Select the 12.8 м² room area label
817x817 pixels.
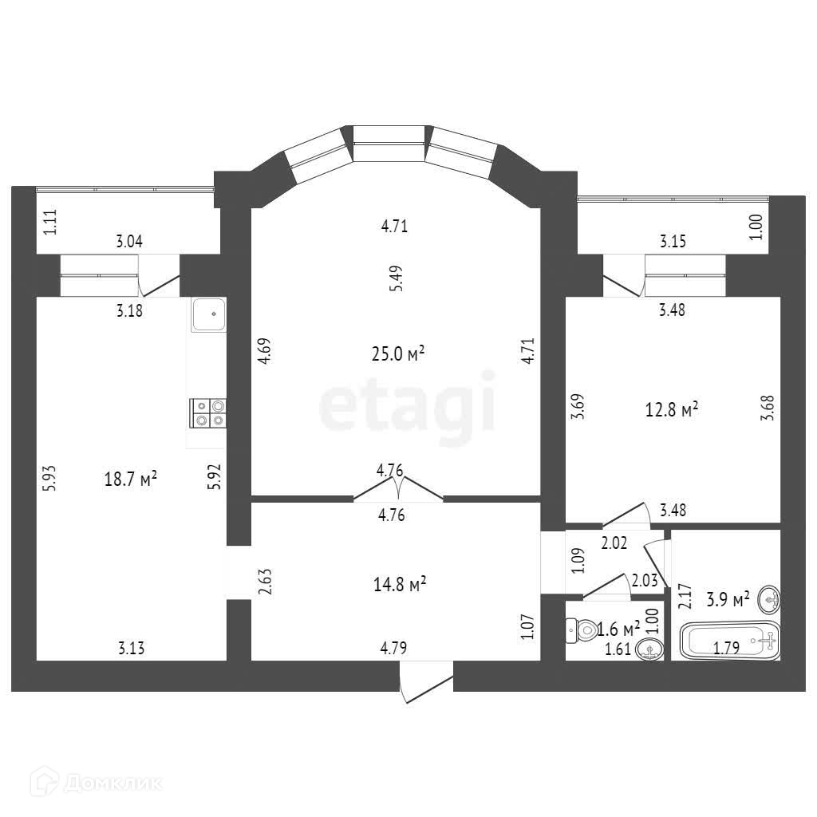click(672, 410)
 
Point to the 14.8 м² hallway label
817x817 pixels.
click(400, 585)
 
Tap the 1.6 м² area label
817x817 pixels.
click(618, 630)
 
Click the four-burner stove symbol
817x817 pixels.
click(207, 412)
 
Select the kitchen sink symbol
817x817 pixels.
click(209, 314)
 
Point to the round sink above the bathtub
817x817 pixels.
click(770, 596)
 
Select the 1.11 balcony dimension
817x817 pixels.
click(50, 220)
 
